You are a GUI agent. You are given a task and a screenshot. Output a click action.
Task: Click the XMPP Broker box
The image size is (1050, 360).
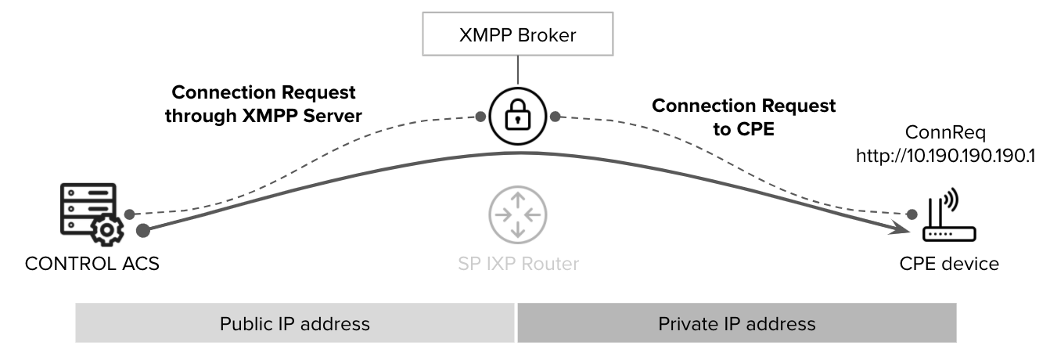[x=516, y=35]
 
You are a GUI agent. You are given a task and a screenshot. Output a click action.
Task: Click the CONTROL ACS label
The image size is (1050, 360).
[x=92, y=264]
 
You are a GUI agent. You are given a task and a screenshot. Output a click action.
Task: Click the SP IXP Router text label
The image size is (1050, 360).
[x=518, y=264]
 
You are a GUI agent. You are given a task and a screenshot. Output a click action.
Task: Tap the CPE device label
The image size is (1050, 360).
[x=949, y=264]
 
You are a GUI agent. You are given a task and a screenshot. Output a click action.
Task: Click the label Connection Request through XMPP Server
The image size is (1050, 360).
[x=264, y=104]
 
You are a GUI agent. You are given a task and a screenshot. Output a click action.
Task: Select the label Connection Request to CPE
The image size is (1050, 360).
[x=743, y=117]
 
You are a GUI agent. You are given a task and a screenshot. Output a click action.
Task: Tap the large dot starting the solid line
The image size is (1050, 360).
[x=143, y=230]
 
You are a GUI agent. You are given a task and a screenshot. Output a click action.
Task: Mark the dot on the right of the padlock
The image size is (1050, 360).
[x=555, y=117]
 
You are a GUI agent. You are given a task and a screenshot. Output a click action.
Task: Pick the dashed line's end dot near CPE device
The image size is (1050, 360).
[x=910, y=214]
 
